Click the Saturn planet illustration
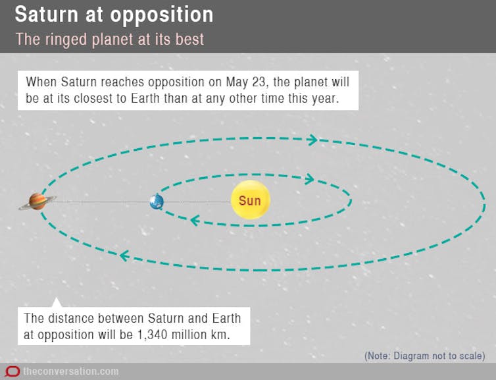point(37,202)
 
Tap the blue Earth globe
point(157,202)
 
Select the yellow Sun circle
point(251,200)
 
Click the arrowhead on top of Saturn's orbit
point(312,140)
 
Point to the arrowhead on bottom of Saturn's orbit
point(124,256)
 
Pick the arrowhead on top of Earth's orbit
point(309,179)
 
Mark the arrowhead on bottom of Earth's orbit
point(195,221)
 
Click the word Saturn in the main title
point(46,14)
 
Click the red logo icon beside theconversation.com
point(12,371)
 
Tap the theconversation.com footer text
point(71,371)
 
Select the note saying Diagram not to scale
point(425,356)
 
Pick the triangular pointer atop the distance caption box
point(57,302)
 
